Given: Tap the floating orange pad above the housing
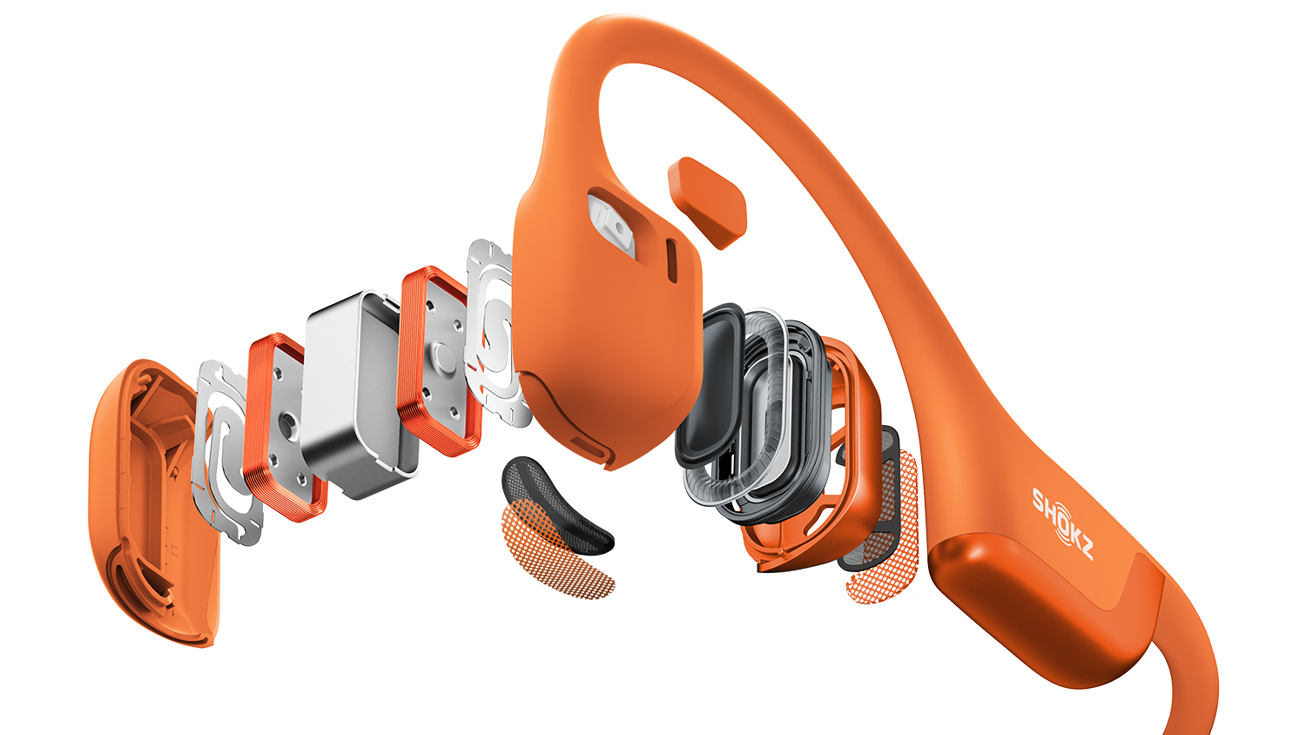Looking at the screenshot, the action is coord(707,202).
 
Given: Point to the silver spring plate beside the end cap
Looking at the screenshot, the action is coord(226,452).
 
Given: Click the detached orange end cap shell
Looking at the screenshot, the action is coord(152,502).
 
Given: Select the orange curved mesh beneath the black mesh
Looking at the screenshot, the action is coord(554,554).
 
